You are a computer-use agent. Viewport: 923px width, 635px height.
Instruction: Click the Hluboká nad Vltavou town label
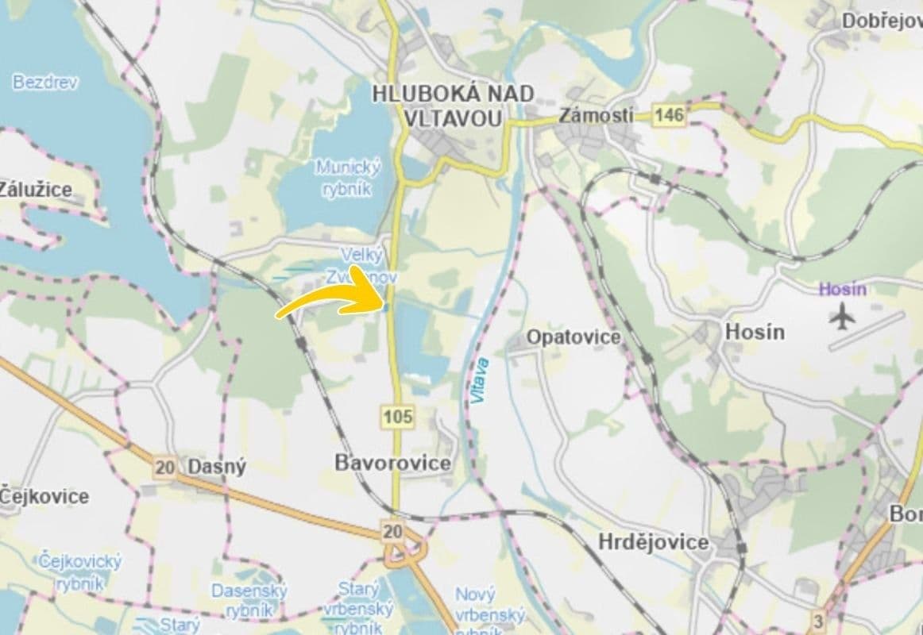tap(453, 106)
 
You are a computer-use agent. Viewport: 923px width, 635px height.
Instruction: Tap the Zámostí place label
tap(596, 115)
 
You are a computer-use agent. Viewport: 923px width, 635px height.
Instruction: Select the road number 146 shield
tap(669, 116)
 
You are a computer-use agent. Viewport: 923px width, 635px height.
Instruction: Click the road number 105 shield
tap(396, 416)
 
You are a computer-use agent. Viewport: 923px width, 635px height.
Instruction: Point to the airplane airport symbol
tap(843, 317)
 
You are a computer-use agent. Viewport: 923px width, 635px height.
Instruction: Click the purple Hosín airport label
tap(842, 289)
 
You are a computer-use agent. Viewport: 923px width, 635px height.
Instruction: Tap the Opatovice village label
tap(573, 337)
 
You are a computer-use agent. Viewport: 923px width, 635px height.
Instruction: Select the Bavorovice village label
tap(392, 463)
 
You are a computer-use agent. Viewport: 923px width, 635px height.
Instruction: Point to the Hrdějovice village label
tap(652, 543)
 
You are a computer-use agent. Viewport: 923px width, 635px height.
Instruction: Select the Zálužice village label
tap(36, 190)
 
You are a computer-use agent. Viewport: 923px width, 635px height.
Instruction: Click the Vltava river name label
tap(481, 381)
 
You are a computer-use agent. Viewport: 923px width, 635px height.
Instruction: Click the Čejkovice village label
tap(44, 497)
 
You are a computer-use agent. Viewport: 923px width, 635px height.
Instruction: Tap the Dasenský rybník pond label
tap(249, 600)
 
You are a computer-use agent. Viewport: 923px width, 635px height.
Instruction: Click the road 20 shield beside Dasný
tap(165, 468)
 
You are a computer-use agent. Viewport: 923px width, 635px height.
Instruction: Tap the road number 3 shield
tap(818, 620)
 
